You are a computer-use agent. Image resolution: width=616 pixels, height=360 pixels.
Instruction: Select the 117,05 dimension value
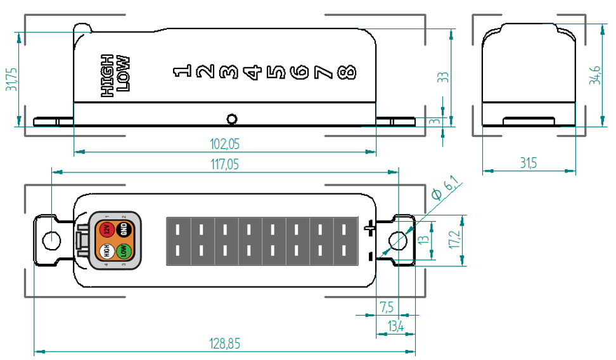224,165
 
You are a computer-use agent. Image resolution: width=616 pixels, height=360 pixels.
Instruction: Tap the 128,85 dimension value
224,344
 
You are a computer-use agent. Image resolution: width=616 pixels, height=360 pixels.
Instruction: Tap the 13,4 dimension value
396,326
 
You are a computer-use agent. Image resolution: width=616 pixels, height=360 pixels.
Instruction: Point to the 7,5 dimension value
387,307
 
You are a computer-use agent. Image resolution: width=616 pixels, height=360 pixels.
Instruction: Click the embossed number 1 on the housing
182,72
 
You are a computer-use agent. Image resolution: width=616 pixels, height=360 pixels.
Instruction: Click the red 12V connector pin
107,229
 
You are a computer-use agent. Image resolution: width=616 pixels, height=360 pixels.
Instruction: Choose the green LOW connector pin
124,252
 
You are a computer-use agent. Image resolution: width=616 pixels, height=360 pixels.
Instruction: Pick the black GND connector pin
124,229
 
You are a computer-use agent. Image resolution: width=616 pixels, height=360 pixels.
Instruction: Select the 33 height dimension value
443,77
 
